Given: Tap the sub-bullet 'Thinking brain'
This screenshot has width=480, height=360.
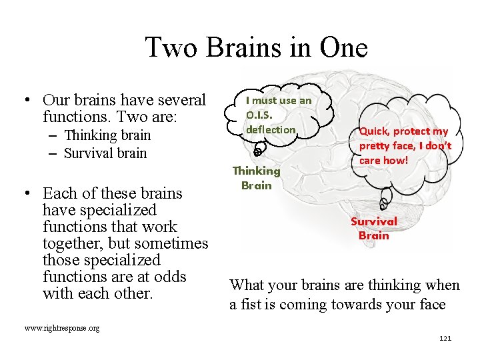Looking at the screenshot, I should tap(107, 135).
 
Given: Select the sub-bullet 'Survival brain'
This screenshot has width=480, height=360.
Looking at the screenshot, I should tap(105, 153).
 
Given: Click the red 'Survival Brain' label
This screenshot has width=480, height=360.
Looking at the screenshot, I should tap(374, 228).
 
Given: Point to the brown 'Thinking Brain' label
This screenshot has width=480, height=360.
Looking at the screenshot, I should tap(257, 178).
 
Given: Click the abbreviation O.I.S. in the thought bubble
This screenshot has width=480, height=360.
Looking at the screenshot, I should tap(261, 115).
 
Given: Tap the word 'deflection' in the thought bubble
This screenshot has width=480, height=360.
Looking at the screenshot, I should tap(271, 129).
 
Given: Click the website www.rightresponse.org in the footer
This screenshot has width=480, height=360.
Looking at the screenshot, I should tap(61, 329).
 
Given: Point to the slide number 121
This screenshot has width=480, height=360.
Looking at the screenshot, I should tap(445, 339).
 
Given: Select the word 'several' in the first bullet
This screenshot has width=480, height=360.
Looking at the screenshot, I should tap(181, 101).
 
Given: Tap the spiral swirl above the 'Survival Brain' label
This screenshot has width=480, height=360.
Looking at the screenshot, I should tap(385, 202).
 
